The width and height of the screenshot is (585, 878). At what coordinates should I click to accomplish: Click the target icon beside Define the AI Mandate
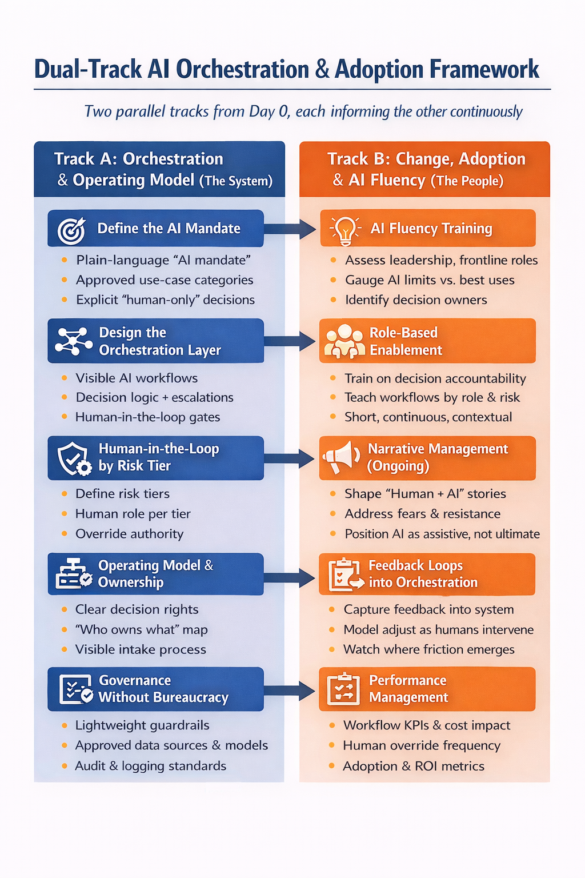tap(71, 230)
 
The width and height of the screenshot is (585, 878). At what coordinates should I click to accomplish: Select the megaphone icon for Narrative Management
tap(340, 458)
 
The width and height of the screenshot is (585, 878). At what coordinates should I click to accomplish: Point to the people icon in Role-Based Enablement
tap(344, 341)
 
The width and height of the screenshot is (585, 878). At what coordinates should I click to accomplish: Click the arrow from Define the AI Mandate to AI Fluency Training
tap(290, 229)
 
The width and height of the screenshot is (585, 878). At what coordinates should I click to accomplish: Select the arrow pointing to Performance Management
tap(290, 690)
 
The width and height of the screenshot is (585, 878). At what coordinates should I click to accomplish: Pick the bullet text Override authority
tap(129, 534)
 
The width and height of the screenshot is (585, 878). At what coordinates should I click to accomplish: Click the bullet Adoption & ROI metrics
tap(413, 766)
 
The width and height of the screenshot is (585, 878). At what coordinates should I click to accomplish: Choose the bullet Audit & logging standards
tap(150, 766)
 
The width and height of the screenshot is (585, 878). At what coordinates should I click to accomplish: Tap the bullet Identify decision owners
tap(416, 300)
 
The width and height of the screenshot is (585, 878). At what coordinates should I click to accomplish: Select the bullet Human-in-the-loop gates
tap(147, 417)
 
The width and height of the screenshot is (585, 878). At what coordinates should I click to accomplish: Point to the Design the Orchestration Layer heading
tap(159, 341)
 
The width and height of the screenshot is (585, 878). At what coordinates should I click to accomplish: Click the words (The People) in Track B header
tap(467, 181)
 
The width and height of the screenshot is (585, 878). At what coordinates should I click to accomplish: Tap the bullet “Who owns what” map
tap(141, 630)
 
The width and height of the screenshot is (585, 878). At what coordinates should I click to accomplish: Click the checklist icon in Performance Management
tap(343, 689)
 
